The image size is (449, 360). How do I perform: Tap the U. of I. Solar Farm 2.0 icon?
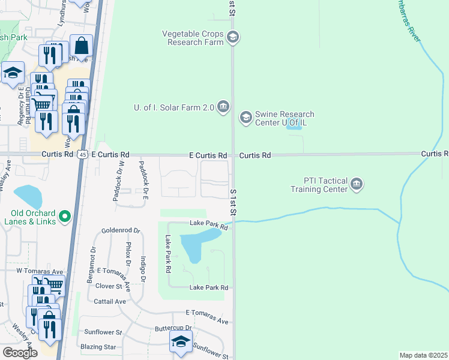pyautogui.click(x=223, y=107)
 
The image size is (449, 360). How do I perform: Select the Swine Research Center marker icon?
pyautogui.click(x=246, y=118)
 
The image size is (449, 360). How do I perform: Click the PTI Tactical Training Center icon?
pyautogui.click(x=356, y=184)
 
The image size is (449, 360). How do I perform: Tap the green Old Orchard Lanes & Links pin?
pyautogui.click(x=65, y=216)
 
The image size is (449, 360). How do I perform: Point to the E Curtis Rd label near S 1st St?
pyautogui.click(x=207, y=155)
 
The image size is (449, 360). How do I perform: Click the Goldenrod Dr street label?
pyautogui.click(x=121, y=230)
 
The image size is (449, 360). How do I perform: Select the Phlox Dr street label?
pyautogui.click(x=128, y=254)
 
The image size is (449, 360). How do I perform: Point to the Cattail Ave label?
pyautogui.click(x=110, y=301)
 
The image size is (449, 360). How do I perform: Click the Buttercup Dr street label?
pyautogui.click(x=172, y=328)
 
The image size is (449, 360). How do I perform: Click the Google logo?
pyautogui.click(x=20, y=352)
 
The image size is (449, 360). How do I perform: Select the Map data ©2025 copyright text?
pyautogui.click(x=423, y=355)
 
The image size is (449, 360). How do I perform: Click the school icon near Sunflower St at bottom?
pyautogui.click(x=180, y=343)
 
